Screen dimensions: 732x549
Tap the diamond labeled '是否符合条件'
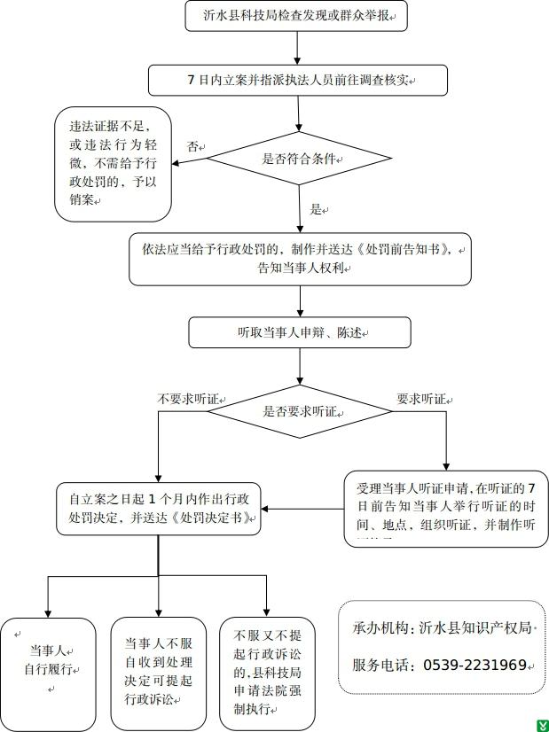(x=298, y=160)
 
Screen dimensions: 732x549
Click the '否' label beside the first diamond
(x=192, y=145)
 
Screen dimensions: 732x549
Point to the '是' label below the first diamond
(x=316, y=210)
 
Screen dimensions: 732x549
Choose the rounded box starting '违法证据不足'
(x=114, y=164)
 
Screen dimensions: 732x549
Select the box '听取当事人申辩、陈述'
(x=300, y=333)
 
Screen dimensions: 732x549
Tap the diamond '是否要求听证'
(x=300, y=411)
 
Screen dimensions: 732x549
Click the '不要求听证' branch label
(x=184, y=398)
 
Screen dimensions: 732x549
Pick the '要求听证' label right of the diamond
(x=421, y=398)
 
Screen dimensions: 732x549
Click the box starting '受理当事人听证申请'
(x=446, y=508)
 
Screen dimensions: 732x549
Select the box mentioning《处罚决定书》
(x=158, y=509)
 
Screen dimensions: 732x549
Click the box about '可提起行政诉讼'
(x=158, y=672)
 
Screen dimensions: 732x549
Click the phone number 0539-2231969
(x=474, y=665)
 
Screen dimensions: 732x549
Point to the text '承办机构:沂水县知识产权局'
(x=441, y=627)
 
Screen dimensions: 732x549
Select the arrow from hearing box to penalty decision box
(x=302, y=509)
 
